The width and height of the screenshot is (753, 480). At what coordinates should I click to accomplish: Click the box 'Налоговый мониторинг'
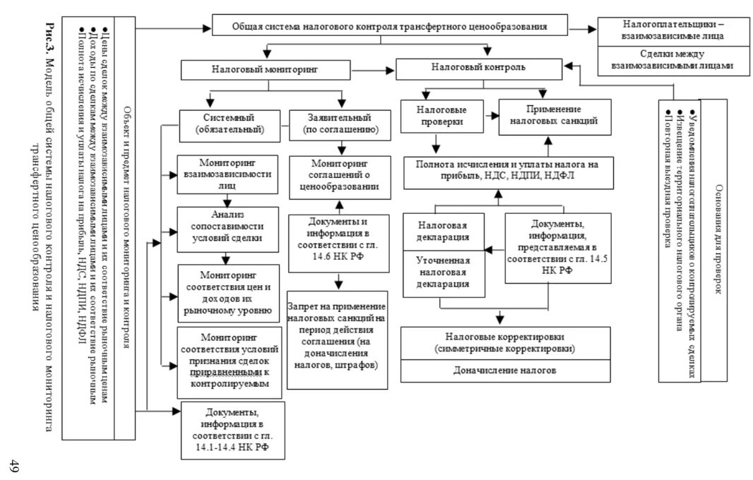tap(265, 71)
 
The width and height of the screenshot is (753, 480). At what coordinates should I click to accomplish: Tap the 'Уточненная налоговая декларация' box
tap(444, 274)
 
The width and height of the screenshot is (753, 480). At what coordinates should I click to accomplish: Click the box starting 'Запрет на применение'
tap(338, 339)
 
